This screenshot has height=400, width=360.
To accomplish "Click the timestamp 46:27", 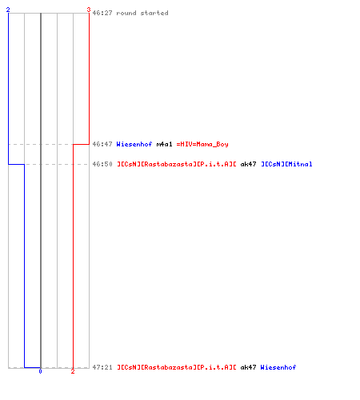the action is pyautogui.click(x=102, y=13).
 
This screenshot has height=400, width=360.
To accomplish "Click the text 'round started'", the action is pyautogui.click(x=142, y=13).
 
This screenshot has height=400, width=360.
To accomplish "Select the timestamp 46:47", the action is pyautogui.click(x=102, y=144).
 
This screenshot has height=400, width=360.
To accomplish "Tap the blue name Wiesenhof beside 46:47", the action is pyautogui.click(x=134, y=144).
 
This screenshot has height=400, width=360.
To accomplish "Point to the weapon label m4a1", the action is pyautogui.click(x=164, y=144).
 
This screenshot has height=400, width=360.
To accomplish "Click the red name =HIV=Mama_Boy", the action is pyautogui.click(x=202, y=144).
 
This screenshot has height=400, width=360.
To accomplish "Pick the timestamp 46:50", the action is pyautogui.click(x=102, y=164).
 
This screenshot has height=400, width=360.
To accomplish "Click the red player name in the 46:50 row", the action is pyautogui.click(x=177, y=164).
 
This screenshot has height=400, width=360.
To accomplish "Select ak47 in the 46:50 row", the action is pyautogui.click(x=248, y=164).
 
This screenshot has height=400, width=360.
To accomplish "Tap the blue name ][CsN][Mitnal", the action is pyautogui.click(x=286, y=164).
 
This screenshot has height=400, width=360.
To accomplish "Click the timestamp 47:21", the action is pyautogui.click(x=102, y=367).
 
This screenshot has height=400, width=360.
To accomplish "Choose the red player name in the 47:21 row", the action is pyautogui.click(x=177, y=367).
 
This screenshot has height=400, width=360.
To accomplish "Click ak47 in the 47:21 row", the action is pyautogui.click(x=248, y=367).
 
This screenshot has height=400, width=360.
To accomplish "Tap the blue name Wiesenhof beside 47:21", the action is pyautogui.click(x=278, y=367).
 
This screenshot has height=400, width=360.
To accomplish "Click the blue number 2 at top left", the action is pyautogui.click(x=8, y=10).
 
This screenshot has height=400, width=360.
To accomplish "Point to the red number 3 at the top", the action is pyautogui.click(x=89, y=10).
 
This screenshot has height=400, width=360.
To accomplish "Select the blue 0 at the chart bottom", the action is pyautogui.click(x=40, y=371).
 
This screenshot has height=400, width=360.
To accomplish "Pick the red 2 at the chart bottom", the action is pyautogui.click(x=73, y=371).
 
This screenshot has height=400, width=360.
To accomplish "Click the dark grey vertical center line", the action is pyautogui.click(x=41, y=190).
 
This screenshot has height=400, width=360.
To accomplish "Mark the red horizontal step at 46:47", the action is pyautogui.click(x=81, y=144).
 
